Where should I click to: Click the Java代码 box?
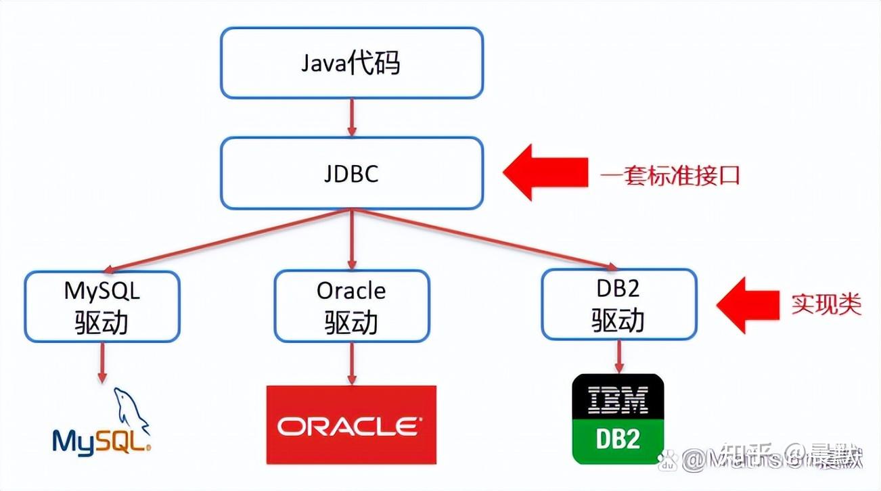pyautogui.click(x=352, y=63)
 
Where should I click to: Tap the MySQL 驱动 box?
pyautogui.click(x=102, y=306)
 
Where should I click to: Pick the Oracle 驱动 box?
pyautogui.click(x=351, y=306)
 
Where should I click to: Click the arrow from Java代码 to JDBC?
pyautogui.click(x=352, y=118)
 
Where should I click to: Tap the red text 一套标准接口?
pyautogui.click(x=670, y=176)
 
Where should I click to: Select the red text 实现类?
pyautogui.click(x=826, y=304)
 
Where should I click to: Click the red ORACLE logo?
pyautogui.click(x=351, y=425)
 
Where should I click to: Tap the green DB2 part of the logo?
pyautogui.click(x=618, y=440)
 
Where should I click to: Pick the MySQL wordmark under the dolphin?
pyautogui.click(x=101, y=442)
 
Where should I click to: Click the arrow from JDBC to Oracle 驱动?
pyautogui.click(x=351, y=239)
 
